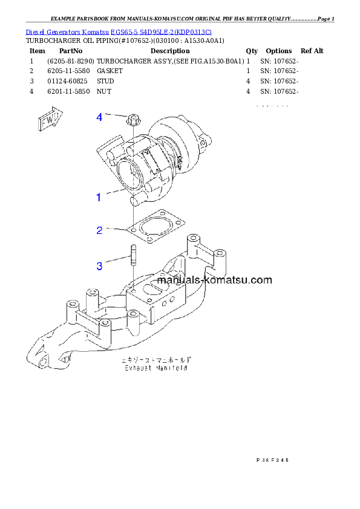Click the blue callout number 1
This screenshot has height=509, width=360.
[x=98, y=197]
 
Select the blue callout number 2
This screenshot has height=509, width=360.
[x=99, y=230]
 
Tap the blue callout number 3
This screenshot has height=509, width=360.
[x=99, y=265]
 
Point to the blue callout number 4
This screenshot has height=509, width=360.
[x=99, y=117]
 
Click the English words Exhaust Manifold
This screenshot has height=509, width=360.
[x=155, y=368]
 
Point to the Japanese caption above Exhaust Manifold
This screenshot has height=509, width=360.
[x=155, y=360]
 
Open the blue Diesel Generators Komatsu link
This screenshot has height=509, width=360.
[x=119, y=31]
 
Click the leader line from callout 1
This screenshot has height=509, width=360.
[x=115, y=193]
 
